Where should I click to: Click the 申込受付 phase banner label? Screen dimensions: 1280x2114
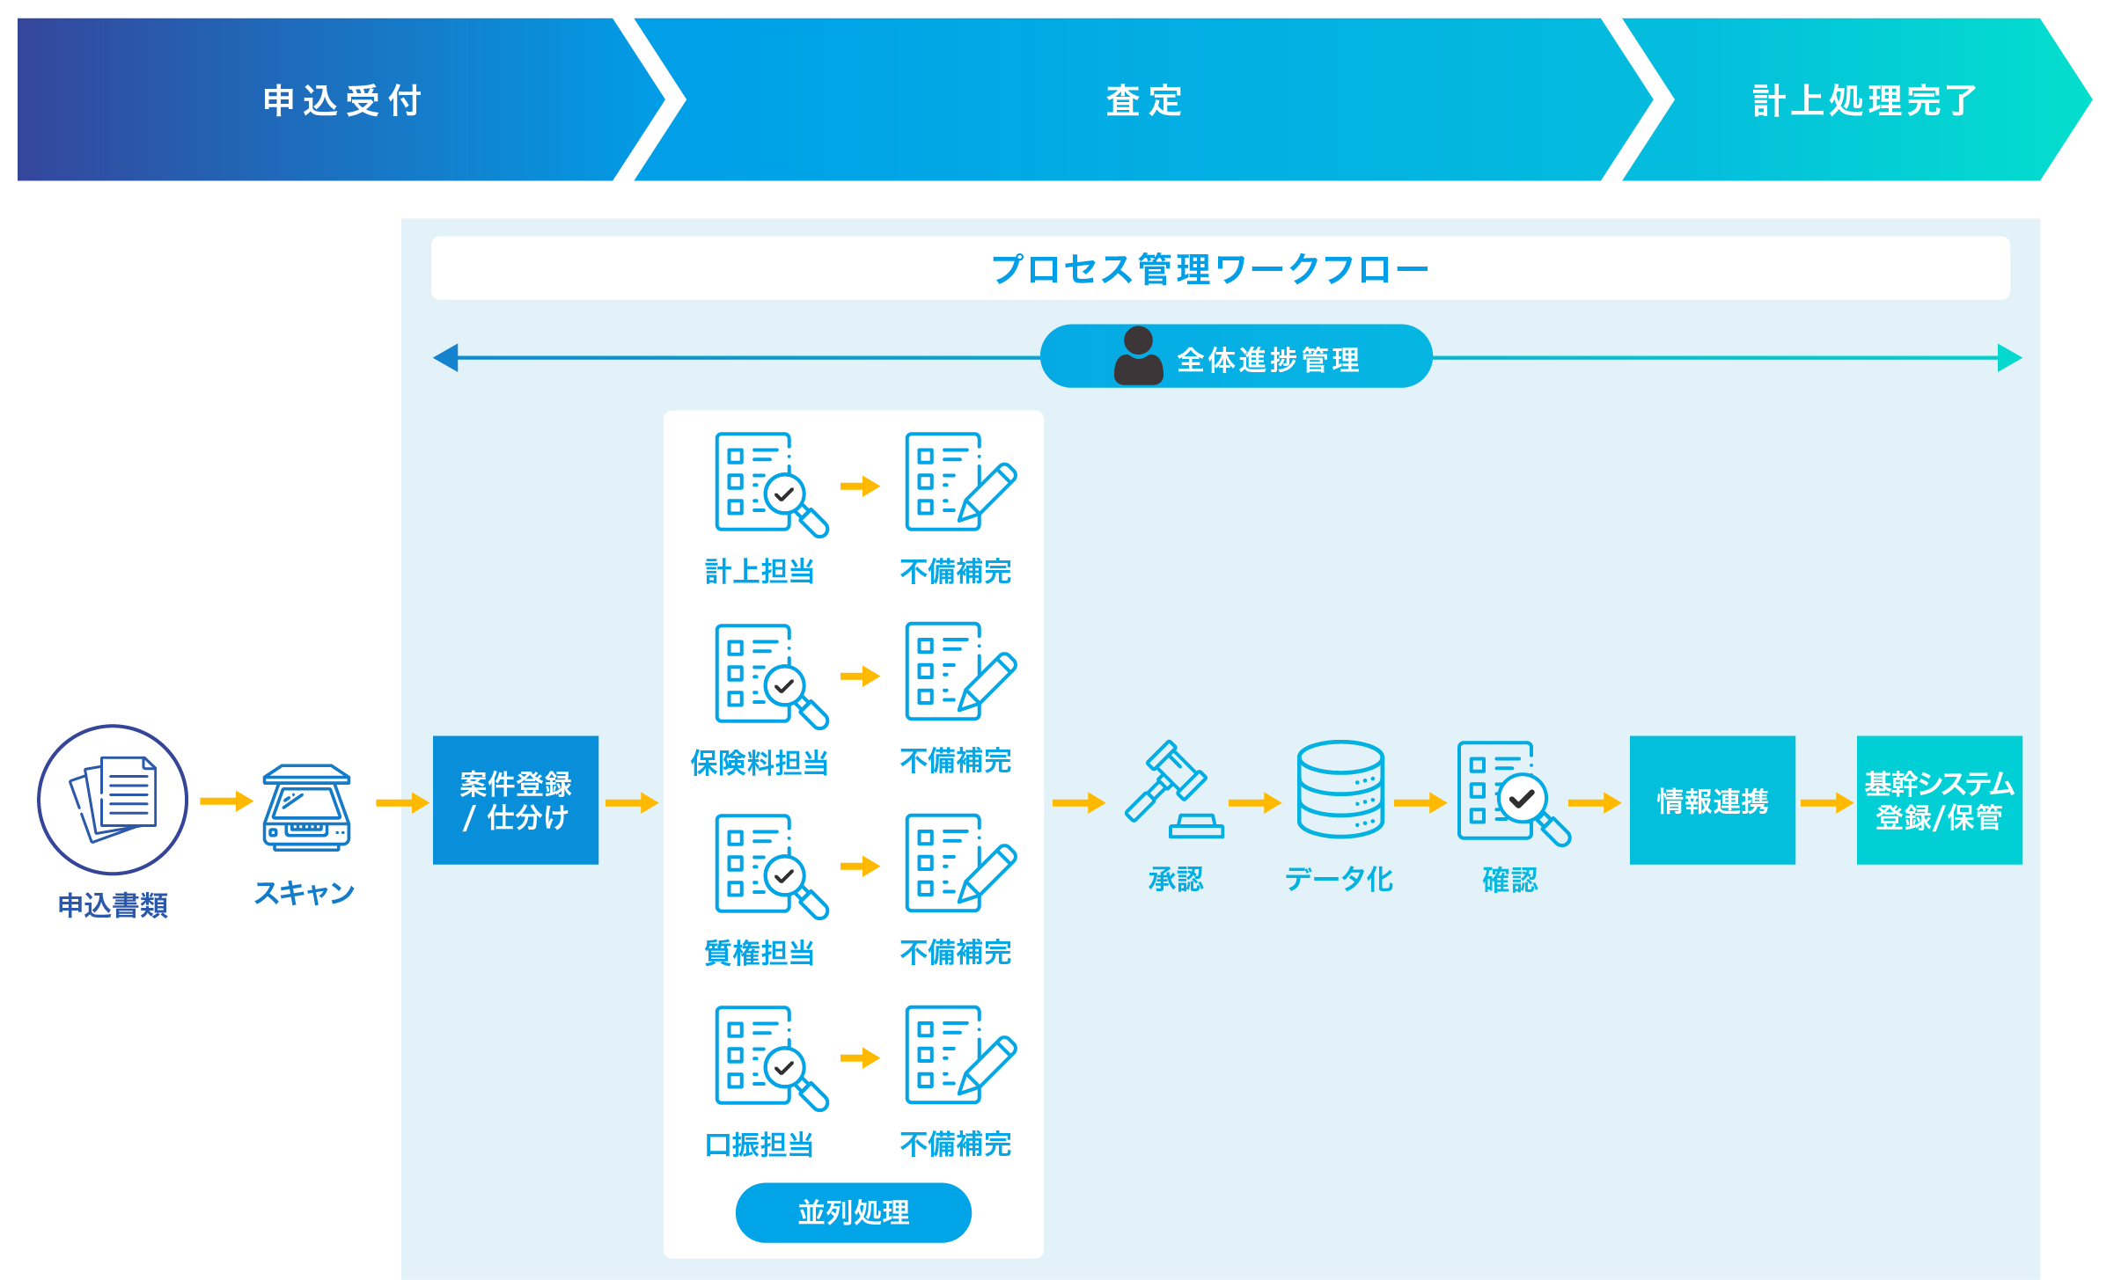[342, 100]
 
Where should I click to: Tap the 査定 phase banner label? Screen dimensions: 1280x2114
[1143, 100]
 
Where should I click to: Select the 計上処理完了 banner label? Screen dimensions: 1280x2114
[1864, 100]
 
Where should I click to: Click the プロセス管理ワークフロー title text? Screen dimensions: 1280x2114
[1210, 269]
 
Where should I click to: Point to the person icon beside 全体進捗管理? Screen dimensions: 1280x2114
[1138, 356]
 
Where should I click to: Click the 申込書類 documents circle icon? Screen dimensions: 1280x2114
[113, 800]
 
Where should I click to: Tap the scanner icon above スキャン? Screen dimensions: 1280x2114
[306, 808]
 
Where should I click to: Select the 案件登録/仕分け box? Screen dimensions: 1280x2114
[516, 800]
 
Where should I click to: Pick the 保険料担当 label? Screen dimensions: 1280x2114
[760, 763]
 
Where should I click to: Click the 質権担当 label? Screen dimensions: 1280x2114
[760, 953]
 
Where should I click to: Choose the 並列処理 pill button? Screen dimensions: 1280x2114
[853, 1212]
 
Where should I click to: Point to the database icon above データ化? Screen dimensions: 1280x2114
[1340, 789]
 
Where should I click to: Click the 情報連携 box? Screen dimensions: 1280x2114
[1712, 800]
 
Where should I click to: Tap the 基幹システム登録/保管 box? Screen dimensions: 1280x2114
[1939, 800]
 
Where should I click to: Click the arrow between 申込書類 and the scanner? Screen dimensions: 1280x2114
[225, 801]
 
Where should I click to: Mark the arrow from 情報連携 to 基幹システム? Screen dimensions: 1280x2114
[1826, 802]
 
